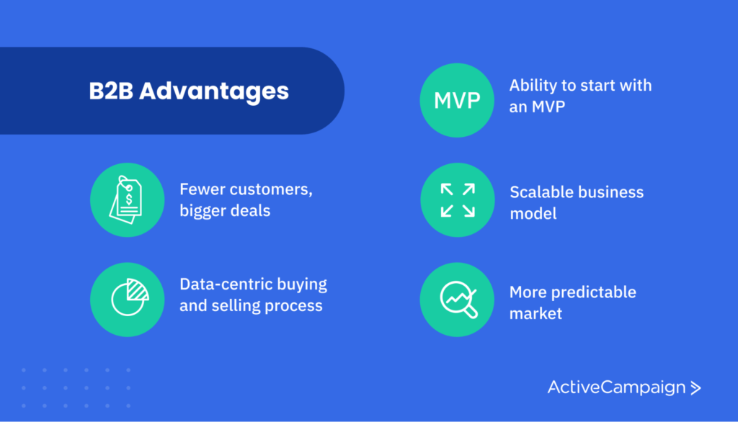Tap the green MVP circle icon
(457, 100)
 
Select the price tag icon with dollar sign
(127, 199)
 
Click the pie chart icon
(127, 300)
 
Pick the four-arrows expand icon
(457, 199)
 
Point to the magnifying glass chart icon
(457, 300)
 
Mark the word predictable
(594, 292)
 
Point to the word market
(535, 313)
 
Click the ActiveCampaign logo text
(616, 387)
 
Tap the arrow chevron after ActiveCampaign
(695, 388)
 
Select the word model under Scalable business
(533, 214)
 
